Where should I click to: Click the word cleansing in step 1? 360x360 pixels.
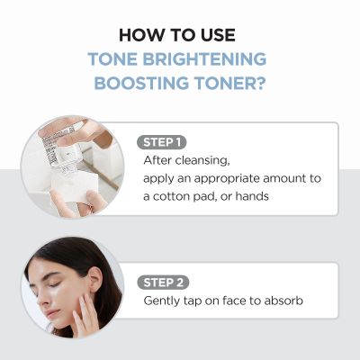point(206,160)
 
